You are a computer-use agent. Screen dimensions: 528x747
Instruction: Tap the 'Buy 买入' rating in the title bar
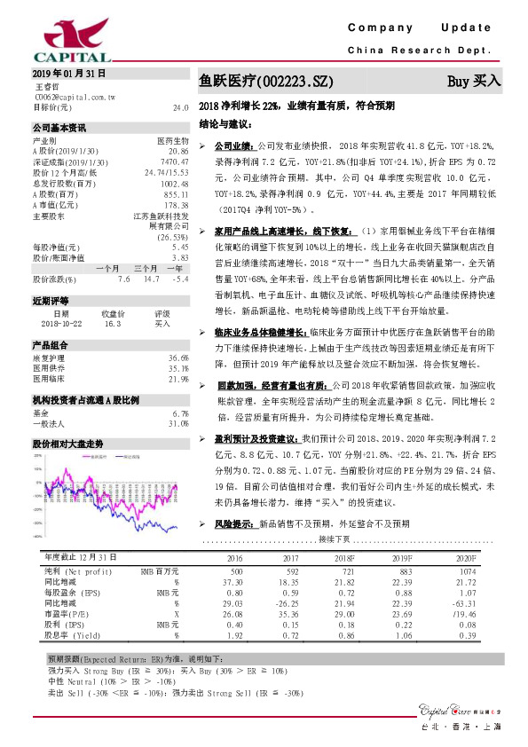pyautogui.click(x=474, y=81)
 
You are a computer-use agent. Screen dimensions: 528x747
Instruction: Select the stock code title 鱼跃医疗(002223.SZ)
pyautogui.click(x=266, y=82)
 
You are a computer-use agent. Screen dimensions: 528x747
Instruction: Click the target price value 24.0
pyautogui.click(x=181, y=107)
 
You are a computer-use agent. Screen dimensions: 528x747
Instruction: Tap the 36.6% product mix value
pyautogui.click(x=178, y=358)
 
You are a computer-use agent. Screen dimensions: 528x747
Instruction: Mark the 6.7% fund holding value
pyautogui.click(x=180, y=413)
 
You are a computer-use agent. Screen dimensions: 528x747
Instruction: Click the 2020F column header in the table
pyautogui.click(x=465, y=559)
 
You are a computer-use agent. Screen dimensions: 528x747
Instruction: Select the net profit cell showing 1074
pyautogui.click(x=467, y=572)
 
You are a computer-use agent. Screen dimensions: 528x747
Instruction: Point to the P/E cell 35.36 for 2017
pyautogui.click(x=290, y=612)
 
